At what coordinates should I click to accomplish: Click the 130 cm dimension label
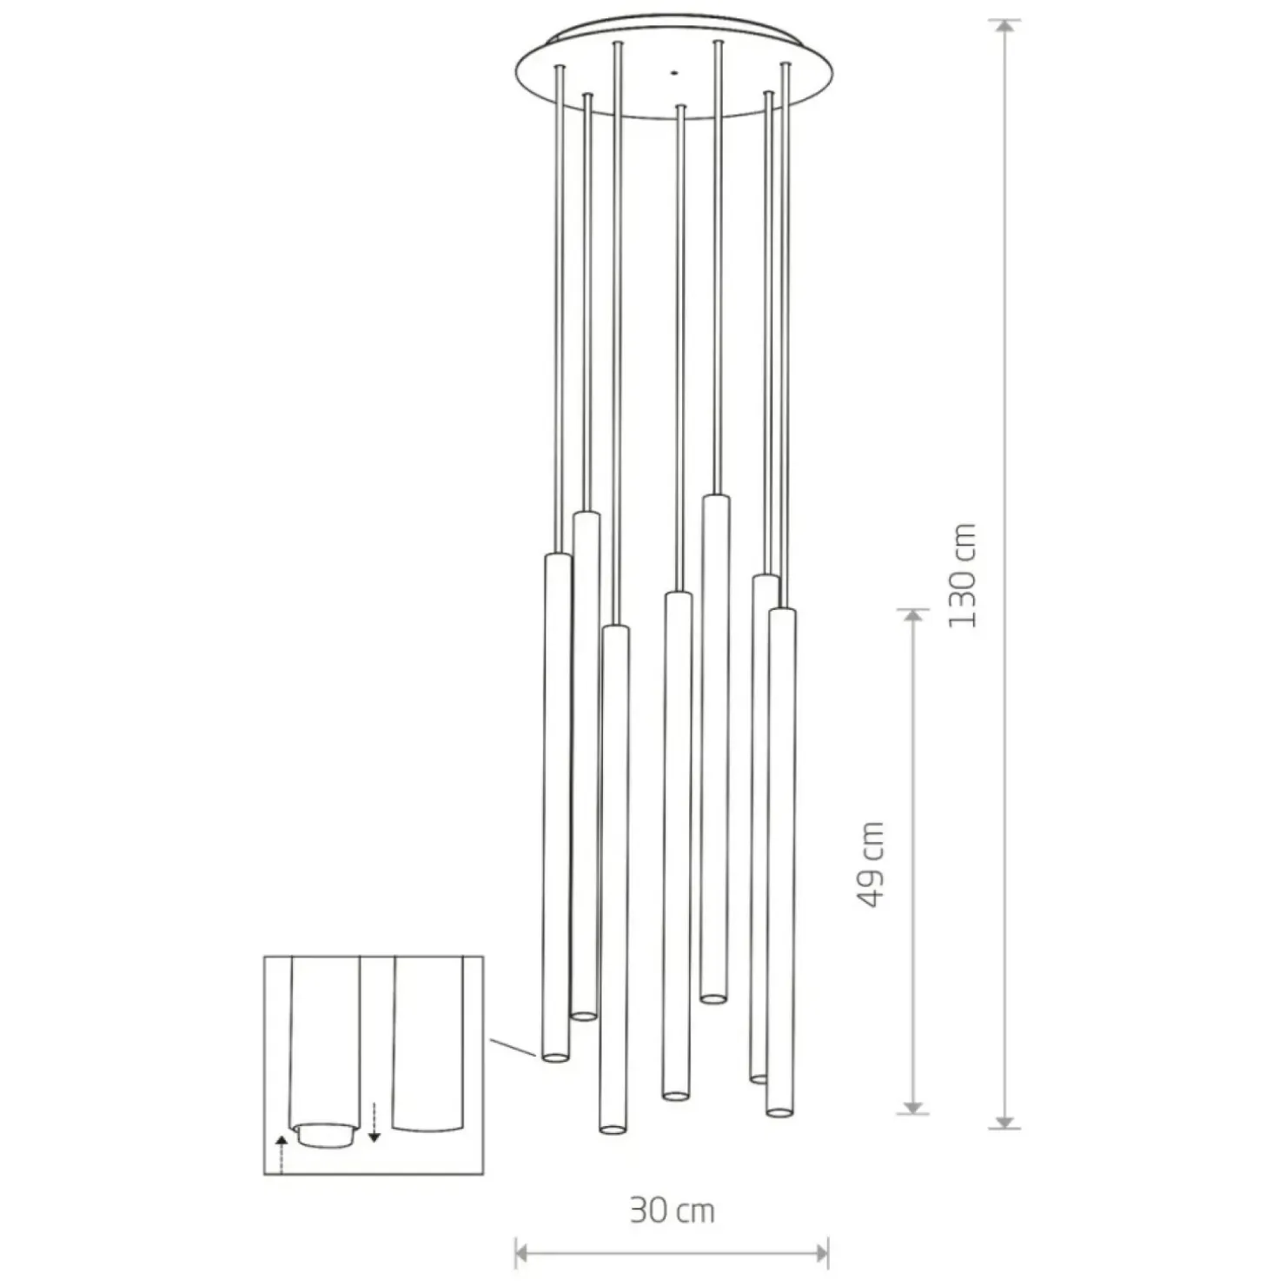(x=962, y=575)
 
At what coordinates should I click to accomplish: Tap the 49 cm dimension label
(x=870, y=864)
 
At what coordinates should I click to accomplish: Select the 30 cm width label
(x=672, y=1210)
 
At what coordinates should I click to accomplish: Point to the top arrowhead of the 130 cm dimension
(x=1005, y=27)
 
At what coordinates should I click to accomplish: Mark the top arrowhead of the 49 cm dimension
(x=912, y=616)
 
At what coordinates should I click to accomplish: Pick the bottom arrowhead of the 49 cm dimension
(x=912, y=1106)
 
